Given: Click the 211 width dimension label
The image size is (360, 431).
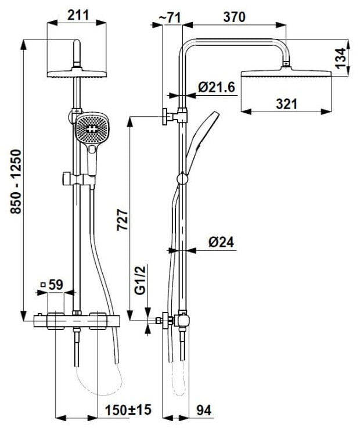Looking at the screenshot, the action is click(x=78, y=15).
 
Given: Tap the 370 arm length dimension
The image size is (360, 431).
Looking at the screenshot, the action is click(x=234, y=17).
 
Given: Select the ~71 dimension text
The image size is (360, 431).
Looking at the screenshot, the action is click(x=170, y=18).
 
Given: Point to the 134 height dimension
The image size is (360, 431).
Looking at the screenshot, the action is click(x=341, y=58).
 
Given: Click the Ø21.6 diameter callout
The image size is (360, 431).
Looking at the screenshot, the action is click(x=217, y=87).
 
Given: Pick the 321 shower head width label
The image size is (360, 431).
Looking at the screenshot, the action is click(x=287, y=104).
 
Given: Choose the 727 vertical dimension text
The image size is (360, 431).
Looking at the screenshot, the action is click(x=123, y=220).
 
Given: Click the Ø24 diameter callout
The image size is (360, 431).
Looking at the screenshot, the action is click(x=221, y=242).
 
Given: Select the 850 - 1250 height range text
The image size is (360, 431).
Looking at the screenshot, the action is click(x=16, y=181).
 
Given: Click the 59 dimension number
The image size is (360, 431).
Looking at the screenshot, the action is click(x=56, y=285).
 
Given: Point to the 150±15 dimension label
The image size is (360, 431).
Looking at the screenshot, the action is click(x=128, y=410).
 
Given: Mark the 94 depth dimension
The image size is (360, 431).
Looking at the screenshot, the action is click(x=204, y=411).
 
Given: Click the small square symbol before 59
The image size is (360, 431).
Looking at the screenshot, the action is click(x=43, y=285).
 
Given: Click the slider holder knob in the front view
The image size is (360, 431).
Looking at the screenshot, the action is click(x=66, y=179).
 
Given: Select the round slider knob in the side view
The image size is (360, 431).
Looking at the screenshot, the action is click(x=182, y=179).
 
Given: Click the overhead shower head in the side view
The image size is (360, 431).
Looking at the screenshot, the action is click(x=286, y=74).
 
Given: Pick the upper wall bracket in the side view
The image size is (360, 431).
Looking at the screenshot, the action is click(x=174, y=117).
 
